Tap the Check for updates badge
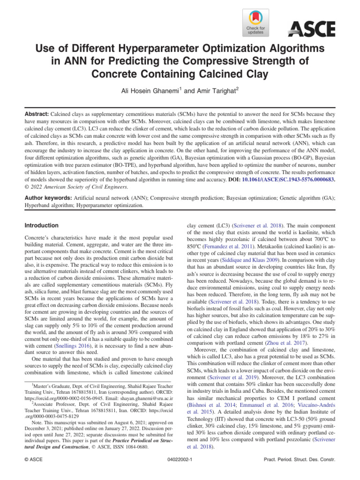(255, 23)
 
